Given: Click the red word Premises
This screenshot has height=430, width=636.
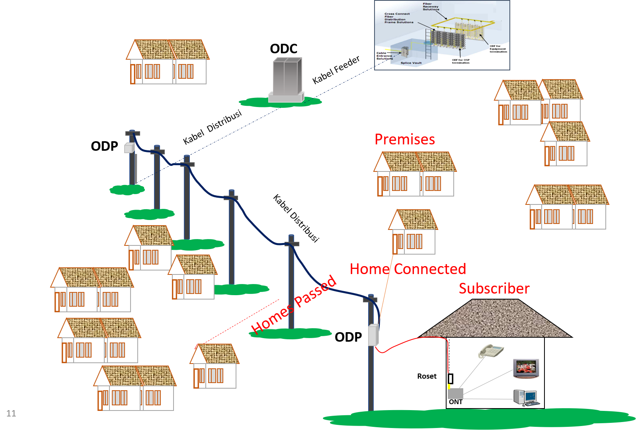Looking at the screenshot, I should tap(404, 140).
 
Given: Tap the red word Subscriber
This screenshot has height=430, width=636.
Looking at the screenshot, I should tap(494, 288).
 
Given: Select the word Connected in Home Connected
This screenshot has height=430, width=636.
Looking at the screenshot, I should tap(430, 269).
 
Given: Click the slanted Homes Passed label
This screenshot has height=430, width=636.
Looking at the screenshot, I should tap(294, 305).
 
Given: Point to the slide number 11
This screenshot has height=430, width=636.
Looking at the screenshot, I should tap(11, 413).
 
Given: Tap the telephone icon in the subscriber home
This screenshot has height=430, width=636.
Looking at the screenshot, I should tap(491, 351).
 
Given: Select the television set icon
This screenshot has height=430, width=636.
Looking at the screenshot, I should tap(526, 368).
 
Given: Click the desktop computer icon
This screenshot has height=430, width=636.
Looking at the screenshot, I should tap(526, 397).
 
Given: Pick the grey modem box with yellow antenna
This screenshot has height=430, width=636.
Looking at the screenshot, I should tap(455, 393).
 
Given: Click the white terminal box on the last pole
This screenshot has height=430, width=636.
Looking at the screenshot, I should tap(373, 335).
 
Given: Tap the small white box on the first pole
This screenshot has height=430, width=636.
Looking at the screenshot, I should tap(129, 148).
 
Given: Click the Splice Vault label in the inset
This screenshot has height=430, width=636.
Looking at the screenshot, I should tap(411, 63).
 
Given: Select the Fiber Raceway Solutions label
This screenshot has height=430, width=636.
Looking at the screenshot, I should tap(431, 6).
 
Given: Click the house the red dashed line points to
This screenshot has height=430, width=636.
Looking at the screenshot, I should tap(215, 366).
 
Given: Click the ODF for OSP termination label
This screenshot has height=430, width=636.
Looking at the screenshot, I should tap(460, 61).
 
